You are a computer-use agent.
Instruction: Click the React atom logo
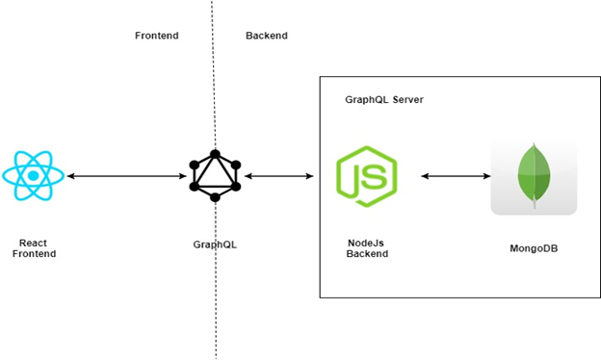(34, 175)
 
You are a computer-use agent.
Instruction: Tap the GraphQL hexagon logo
(214, 176)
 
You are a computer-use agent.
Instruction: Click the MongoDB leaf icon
(534, 176)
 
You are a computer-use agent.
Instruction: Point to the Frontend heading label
(156, 36)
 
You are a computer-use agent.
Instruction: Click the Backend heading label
(267, 36)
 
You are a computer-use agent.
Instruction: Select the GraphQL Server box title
(384, 100)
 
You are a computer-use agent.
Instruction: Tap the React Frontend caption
(34, 248)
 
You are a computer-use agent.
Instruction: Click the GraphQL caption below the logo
(214, 244)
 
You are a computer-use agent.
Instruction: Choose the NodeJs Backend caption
(367, 248)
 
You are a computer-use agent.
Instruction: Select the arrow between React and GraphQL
(125, 176)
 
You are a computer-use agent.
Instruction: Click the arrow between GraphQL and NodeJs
(279, 176)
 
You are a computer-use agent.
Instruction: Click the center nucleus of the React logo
(34, 175)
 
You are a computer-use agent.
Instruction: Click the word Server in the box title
(407, 100)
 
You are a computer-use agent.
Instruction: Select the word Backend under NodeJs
(367, 254)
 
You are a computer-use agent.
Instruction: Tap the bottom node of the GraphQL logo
(214, 197)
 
